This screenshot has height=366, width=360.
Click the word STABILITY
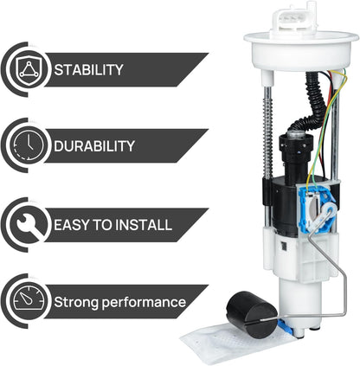88,69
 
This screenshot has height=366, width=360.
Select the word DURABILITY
94,146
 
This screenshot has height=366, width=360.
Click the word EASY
74,224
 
